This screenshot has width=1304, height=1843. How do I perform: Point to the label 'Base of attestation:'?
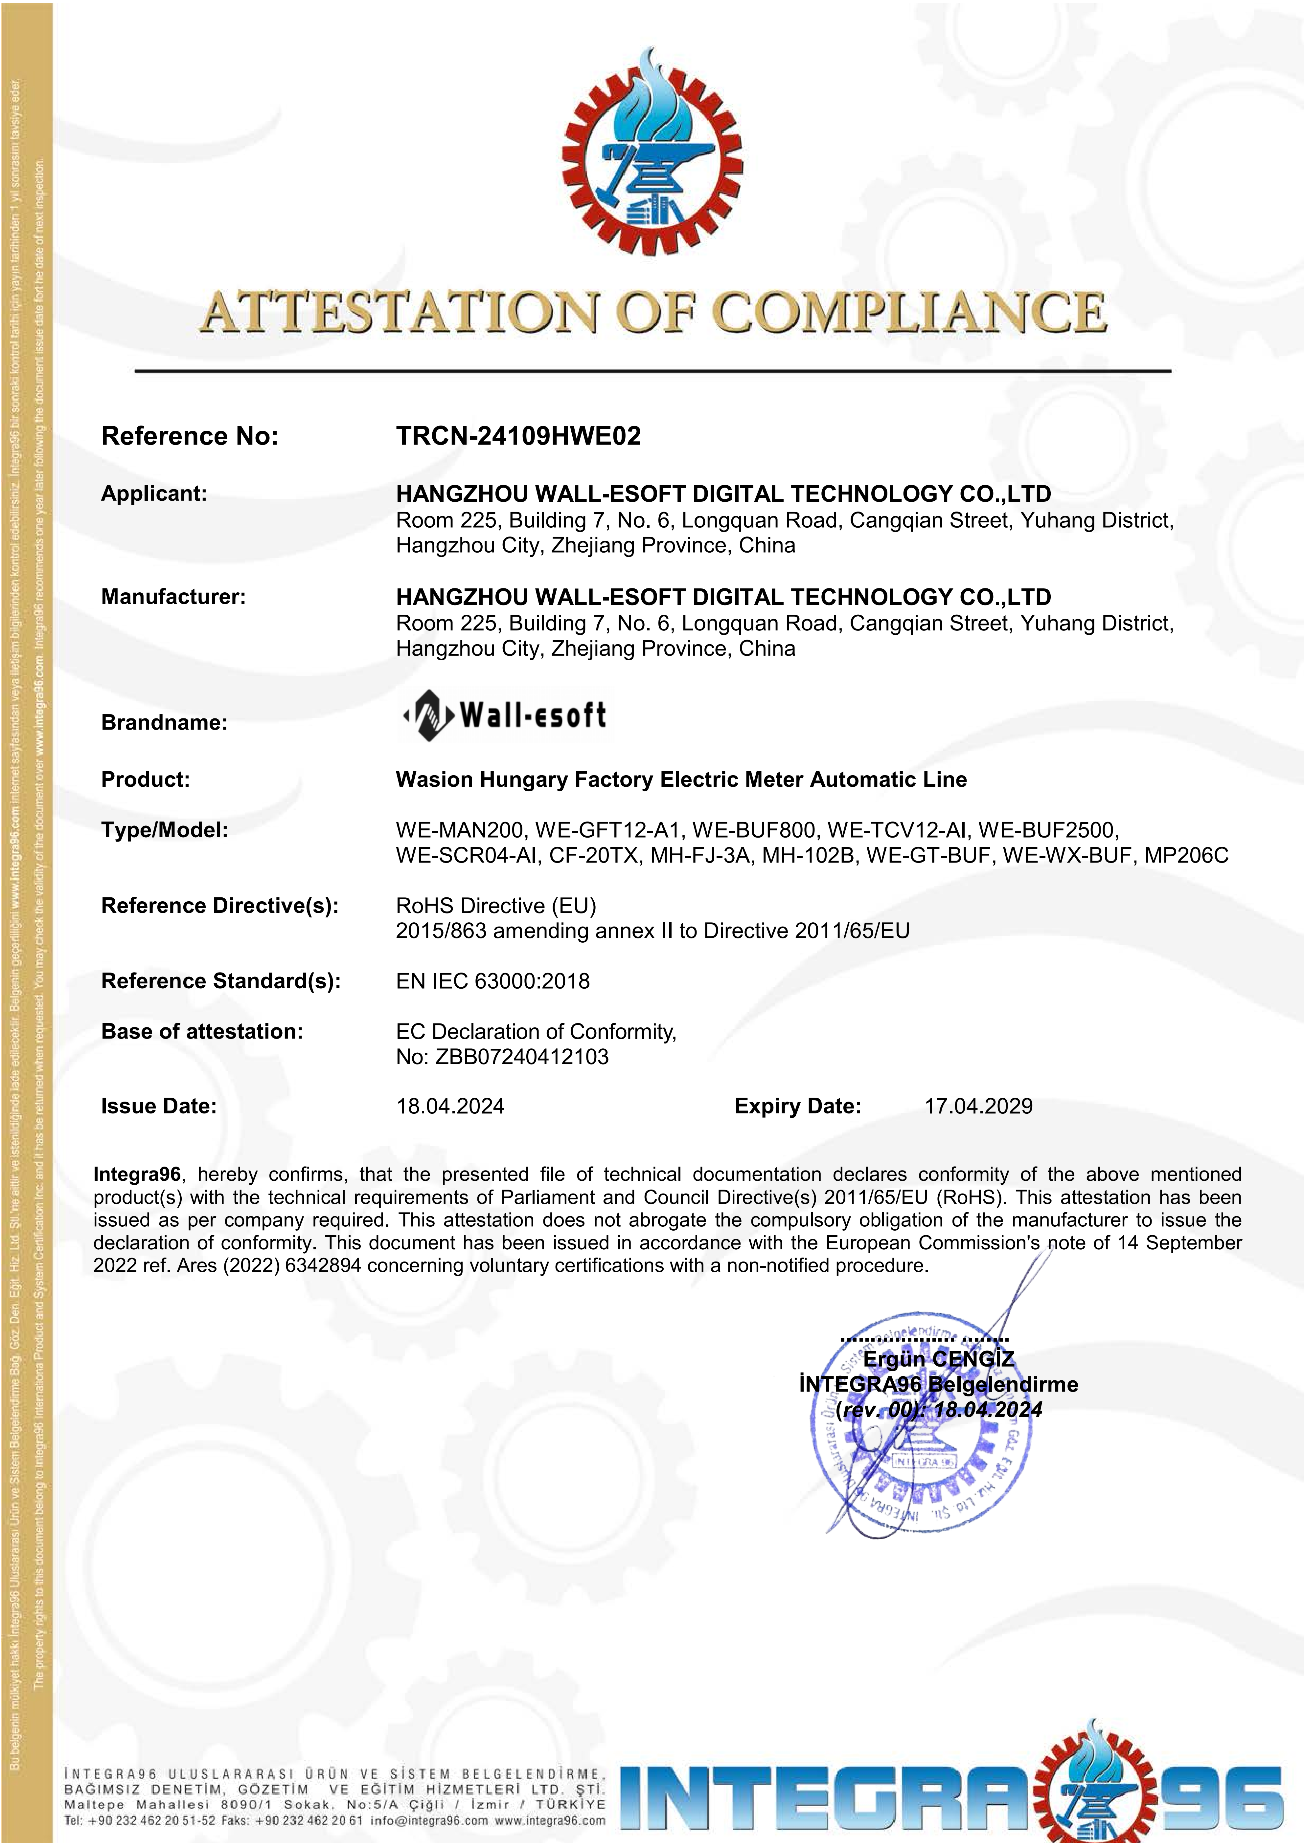(x=201, y=1031)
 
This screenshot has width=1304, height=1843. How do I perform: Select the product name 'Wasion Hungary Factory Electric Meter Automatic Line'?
(x=681, y=779)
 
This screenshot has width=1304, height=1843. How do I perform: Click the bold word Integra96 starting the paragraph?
(x=136, y=1174)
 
